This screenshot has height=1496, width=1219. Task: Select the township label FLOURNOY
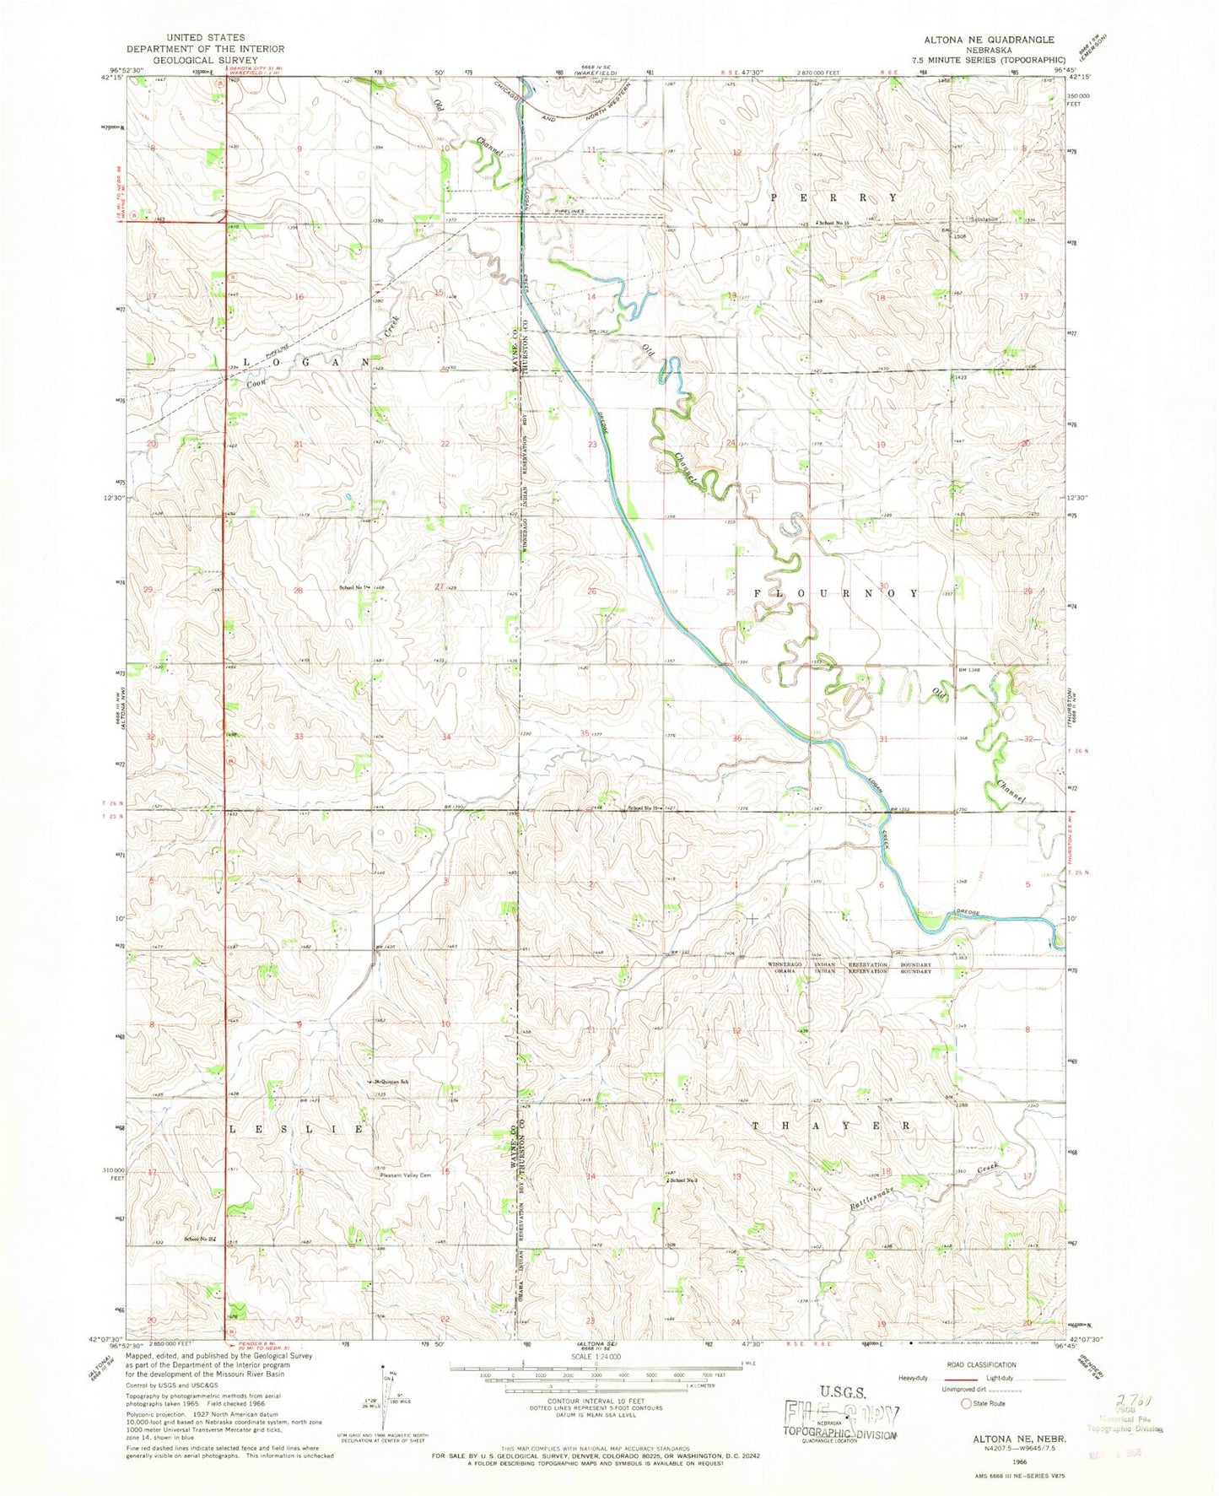click(x=834, y=594)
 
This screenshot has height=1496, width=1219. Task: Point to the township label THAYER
click(x=833, y=1126)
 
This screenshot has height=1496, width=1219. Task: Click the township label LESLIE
click(x=297, y=1128)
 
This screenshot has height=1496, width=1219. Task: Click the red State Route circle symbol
click(x=966, y=1404)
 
